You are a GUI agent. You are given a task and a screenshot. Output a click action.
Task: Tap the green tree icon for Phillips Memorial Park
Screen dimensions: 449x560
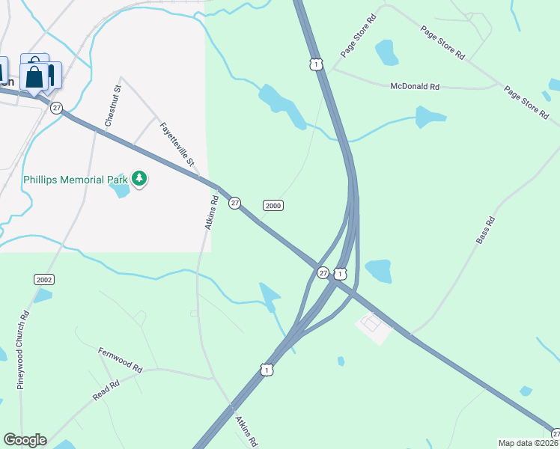click(139, 178)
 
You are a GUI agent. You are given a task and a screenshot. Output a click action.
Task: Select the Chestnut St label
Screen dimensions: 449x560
click(112, 106)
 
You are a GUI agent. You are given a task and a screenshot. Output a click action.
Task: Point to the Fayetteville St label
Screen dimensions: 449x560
click(177, 144)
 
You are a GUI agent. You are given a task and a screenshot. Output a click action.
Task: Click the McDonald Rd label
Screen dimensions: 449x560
click(415, 87)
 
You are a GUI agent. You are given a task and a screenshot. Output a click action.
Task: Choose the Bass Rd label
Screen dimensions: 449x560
click(486, 230)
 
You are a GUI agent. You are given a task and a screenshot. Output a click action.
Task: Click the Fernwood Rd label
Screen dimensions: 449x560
click(120, 360)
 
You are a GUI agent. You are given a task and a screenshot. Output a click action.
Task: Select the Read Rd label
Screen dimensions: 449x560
click(106, 391)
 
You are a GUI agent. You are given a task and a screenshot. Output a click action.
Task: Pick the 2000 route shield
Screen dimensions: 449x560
click(273, 206)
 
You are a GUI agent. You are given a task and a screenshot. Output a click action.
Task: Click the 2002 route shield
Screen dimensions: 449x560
click(43, 279)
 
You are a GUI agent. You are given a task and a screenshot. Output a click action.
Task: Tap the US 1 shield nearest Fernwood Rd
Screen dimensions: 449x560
click(267, 369)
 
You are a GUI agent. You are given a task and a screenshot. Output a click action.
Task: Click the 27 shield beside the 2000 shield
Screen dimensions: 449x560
click(234, 203)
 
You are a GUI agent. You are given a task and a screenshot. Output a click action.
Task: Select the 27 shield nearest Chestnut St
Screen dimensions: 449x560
click(56, 108)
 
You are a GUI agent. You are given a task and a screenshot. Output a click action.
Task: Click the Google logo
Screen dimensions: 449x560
click(25, 440)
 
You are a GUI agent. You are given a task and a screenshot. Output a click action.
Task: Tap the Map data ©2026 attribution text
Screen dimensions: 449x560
click(529, 443)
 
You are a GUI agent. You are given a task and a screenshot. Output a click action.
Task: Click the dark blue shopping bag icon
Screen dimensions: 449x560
click(34, 76)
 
